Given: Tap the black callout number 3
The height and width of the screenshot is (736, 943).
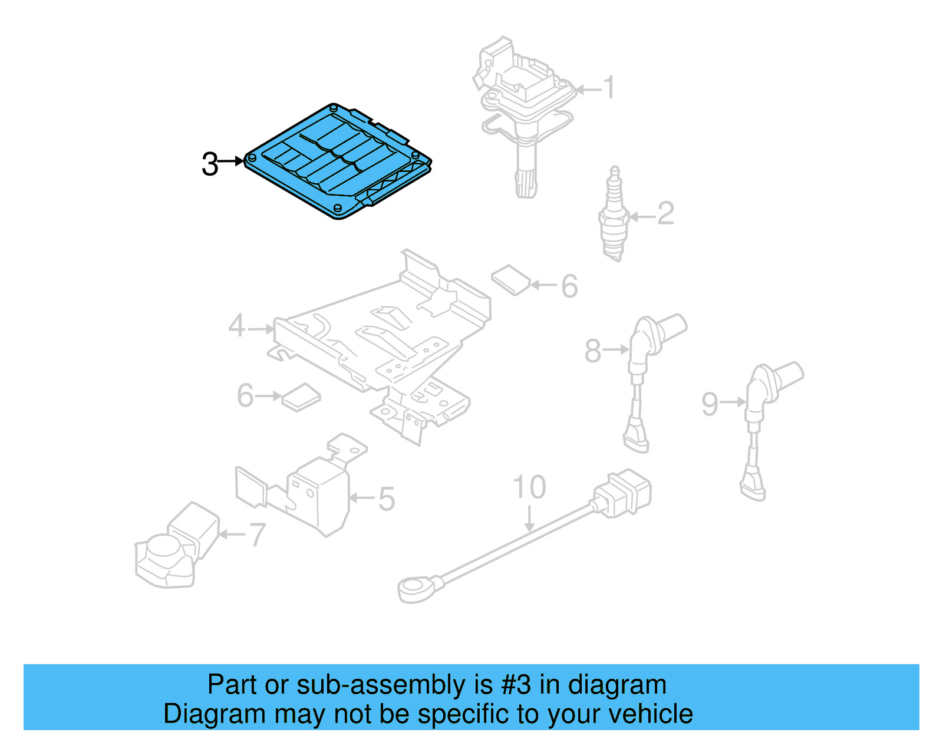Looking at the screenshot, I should click(210, 164).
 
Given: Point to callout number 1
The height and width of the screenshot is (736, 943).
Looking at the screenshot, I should click(609, 88).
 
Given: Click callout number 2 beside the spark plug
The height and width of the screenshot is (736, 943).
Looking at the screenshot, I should click(665, 213).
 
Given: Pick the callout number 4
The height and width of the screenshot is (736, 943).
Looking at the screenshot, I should click(237, 326).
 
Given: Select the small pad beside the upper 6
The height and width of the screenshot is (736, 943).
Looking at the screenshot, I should click(510, 279).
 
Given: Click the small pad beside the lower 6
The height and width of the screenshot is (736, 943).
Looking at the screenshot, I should click(301, 397).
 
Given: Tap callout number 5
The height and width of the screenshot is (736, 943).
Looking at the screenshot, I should click(386, 499).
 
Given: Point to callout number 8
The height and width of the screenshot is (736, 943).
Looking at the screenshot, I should click(593, 351).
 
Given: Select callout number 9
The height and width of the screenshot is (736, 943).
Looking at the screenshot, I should click(710, 404).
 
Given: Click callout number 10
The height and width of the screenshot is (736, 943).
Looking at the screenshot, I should click(529, 487).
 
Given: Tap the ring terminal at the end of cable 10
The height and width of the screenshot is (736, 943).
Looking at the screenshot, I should click(415, 588).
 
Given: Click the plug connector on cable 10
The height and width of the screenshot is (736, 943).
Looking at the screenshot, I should click(622, 494).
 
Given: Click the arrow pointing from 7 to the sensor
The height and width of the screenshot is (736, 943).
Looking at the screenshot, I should click(231, 534).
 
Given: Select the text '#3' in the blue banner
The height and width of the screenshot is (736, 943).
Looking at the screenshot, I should click(516, 685).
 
